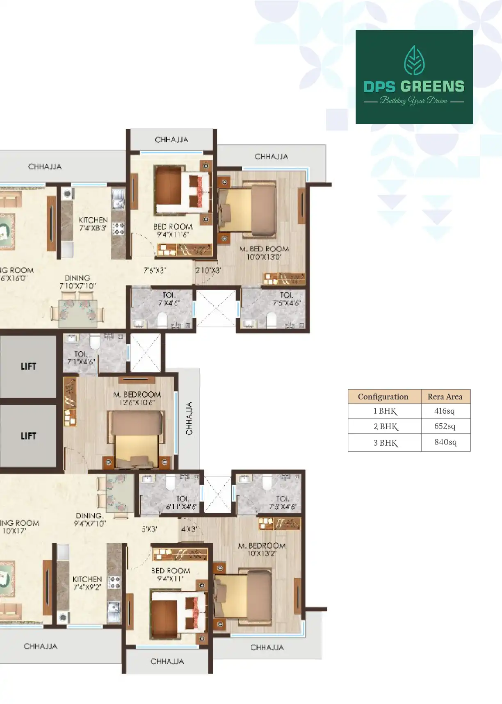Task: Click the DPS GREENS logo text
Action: pos(414,87)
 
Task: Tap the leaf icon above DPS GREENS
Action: pos(414,60)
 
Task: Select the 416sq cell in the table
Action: pos(445,411)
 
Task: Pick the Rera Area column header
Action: pos(445,396)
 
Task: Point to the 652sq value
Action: pos(445,426)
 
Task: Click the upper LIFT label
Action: pos(28,366)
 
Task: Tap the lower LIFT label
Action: pos(28,436)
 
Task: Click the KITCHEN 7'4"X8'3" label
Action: pos(93,224)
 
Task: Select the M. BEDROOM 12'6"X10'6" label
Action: pos(137,398)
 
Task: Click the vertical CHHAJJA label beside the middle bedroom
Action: pos(189,419)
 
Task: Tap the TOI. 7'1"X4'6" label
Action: pos(81,358)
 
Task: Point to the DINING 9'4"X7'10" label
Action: pos(89,519)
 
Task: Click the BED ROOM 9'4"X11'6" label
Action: pos(173,230)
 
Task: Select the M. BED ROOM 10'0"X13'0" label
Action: pos(264,253)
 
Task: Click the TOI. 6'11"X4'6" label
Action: pos(182,503)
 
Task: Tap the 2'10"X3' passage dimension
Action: pos(208,270)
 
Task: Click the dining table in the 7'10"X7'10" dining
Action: pos(78,313)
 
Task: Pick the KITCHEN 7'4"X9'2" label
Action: pos(87,583)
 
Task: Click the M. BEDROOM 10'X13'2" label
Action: pos(262,549)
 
